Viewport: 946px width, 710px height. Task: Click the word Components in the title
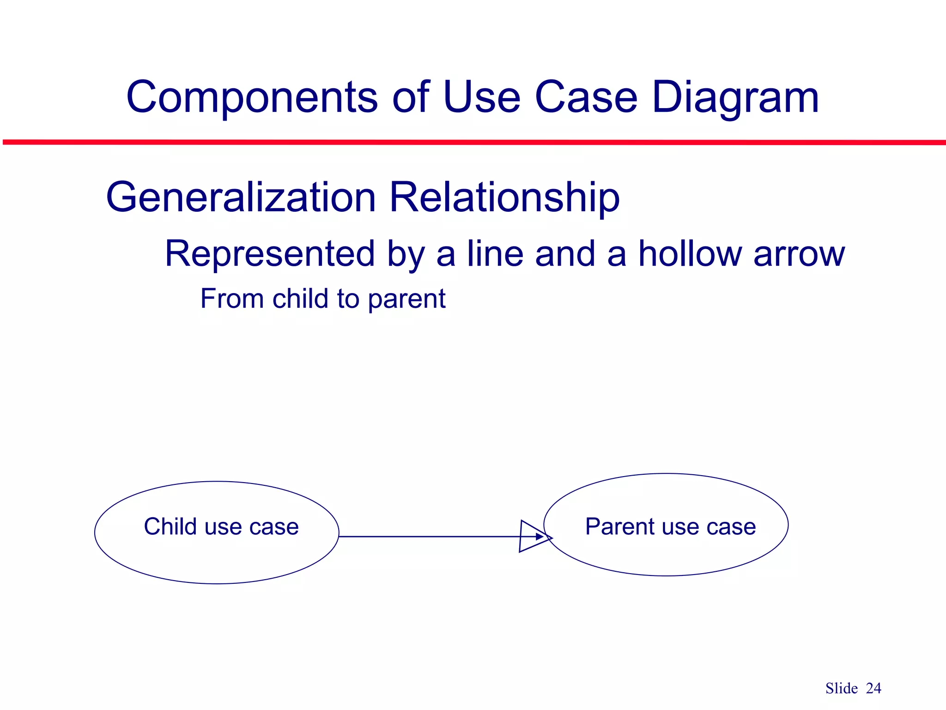pyautogui.click(x=252, y=98)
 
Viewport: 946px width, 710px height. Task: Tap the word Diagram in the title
pyautogui.click(x=735, y=98)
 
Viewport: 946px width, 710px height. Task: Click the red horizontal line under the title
pyautogui.click(x=473, y=142)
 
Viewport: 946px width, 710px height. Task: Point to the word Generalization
pyautogui.click(x=241, y=197)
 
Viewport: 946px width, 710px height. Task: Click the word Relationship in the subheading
pyautogui.click(x=504, y=197)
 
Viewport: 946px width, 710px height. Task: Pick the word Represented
pyautogui.click(x=269, y=254)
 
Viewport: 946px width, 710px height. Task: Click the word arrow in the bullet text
pyautogui.click(x=799, y=255)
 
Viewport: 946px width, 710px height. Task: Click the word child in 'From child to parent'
pyautogui.click(x=300, y=299)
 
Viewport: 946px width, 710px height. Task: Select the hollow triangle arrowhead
pyautogui.click(x=531, y=536)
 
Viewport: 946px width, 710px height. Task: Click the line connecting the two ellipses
pyautogui.click(x=430, y=537)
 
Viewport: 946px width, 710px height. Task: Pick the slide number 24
pyautogui.click(x=873, y=688)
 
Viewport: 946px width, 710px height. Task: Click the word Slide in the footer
pyautogui.click(x=841, y=688)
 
